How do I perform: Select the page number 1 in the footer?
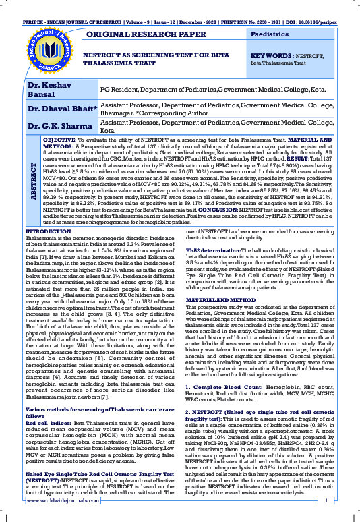(x=326, y=502)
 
